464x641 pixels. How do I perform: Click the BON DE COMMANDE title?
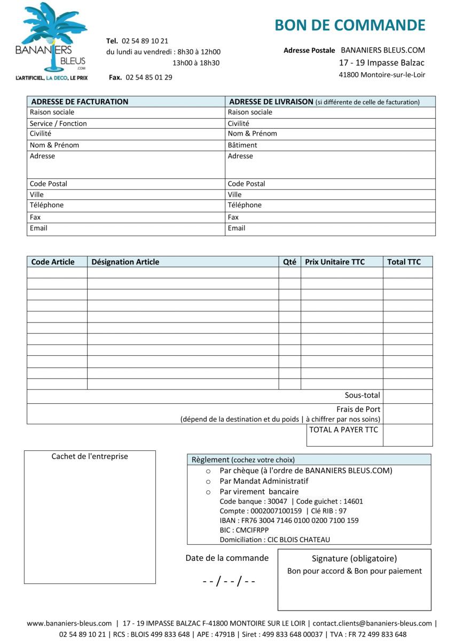tap(350, 25)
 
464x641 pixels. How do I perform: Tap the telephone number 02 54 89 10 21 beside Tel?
tap(145, 41)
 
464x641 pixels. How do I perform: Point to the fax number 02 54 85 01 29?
tap(149, 77)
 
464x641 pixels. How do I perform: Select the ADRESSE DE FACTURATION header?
tap(80, 101)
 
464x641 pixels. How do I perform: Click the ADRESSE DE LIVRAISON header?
tap(271, 101)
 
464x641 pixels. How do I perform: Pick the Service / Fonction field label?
tap(58, 123)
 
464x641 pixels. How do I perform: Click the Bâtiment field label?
tap(242, 145)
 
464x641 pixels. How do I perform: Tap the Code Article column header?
tap(53, 262)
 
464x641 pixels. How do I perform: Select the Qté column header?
tap(289, 262)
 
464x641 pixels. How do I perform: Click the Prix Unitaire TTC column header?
tap(335, 262)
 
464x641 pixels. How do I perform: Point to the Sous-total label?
tap(362, 395)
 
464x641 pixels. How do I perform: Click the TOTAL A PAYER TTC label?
tap(343, 429)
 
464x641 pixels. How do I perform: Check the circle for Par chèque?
tap(208, 471)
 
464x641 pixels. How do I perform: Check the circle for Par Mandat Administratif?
tap(208, 481)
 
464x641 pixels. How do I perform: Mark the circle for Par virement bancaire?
tap(208, 492)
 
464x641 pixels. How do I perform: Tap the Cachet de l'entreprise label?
tap(90, 456)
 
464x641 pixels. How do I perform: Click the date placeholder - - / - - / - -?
tap(229, 581)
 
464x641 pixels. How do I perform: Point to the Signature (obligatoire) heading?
tap(354, 559)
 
